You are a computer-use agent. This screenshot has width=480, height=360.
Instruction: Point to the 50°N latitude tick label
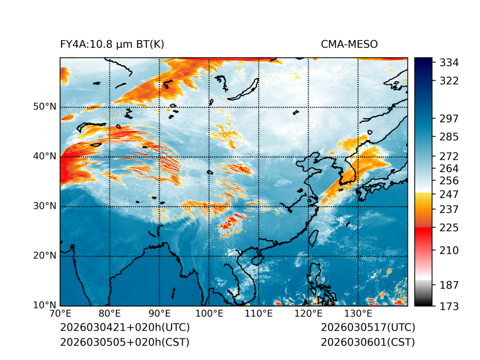[45, 106]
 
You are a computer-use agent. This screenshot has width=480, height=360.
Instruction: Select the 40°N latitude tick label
[45, 156]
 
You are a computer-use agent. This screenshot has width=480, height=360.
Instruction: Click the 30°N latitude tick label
[45, 206]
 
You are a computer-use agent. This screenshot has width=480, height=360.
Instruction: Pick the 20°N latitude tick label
[45, 256]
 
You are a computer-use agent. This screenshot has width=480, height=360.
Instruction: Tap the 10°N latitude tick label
[45, 305]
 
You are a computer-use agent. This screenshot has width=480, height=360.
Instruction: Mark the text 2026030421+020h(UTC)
[124, 328]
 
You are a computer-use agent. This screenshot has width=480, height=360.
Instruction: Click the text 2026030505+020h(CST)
[124, 342]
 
